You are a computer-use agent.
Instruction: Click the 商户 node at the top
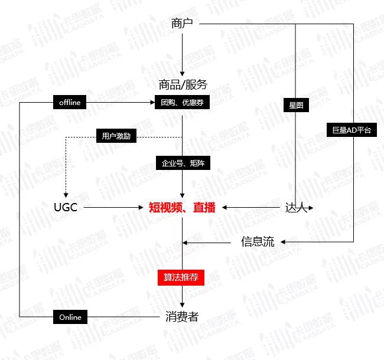[x=182, y=24]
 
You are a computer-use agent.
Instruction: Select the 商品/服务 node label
[x=183, y=84]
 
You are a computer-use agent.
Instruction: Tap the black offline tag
[x=70, y=103]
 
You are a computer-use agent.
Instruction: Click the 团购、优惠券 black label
[x=183, y=103]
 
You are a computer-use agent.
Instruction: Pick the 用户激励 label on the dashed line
[x=116, y=137]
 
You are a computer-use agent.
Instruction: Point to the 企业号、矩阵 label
[x=183, y=162]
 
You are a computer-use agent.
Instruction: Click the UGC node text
[x=65, y=207]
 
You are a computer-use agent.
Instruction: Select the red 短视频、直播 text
[x=182, y=207]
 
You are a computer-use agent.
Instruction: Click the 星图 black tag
[x=296, y=106]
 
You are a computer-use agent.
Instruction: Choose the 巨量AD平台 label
[x=352, y=130]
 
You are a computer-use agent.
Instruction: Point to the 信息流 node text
[x=258, y=242]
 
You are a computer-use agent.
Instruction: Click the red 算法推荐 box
[x=181, y=277]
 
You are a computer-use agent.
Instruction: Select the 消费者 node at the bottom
[x=181, y=317]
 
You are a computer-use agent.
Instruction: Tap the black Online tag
[x=70, y=317]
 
